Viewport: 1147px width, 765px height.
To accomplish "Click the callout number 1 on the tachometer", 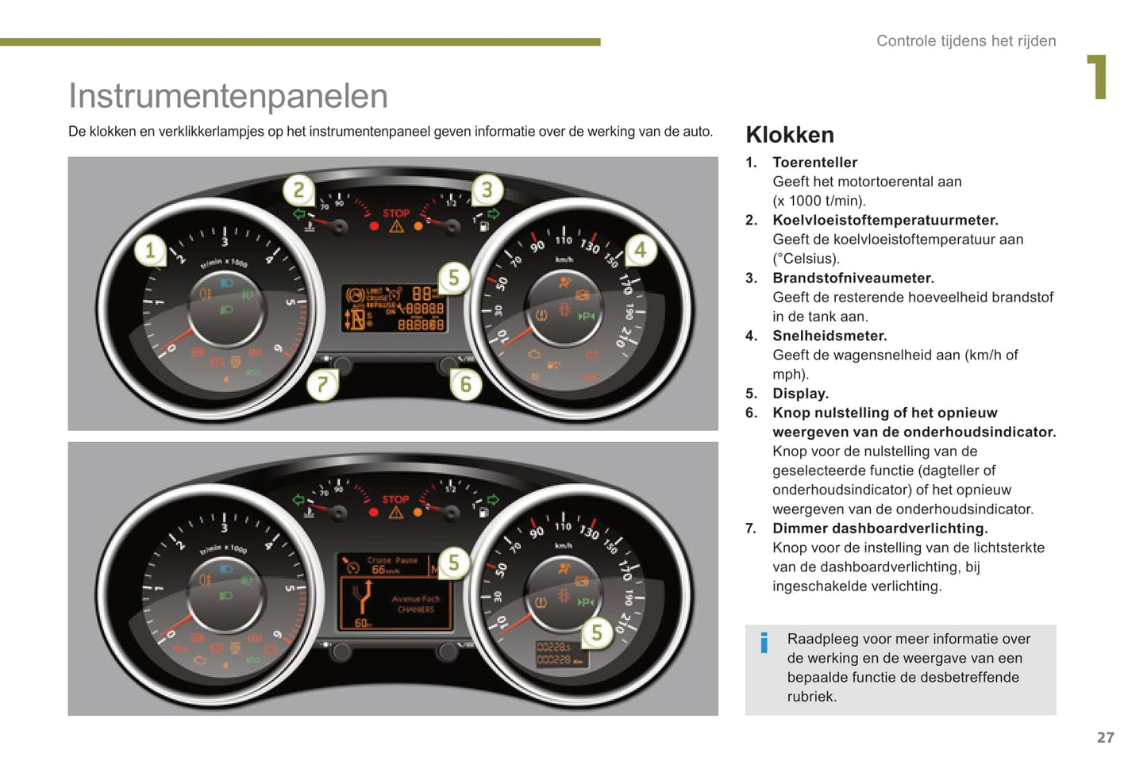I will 149,252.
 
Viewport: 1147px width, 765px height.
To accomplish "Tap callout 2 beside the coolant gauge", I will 298,190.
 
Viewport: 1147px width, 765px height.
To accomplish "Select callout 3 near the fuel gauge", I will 487,190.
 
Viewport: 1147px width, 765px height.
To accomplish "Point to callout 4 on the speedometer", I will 640,251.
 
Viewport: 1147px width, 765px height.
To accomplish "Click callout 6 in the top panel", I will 465,385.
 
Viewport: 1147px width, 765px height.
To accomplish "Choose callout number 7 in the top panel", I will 322,385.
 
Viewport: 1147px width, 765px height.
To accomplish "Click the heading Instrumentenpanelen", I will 228,96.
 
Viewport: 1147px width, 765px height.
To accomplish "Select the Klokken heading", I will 790,135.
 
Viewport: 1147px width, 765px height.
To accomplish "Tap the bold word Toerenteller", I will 814,163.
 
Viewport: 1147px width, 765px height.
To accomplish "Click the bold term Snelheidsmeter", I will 829,336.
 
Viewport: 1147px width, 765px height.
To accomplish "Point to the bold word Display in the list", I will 800,394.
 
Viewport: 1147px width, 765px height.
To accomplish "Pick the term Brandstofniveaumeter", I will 853,278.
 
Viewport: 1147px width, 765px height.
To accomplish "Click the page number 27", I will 1105,737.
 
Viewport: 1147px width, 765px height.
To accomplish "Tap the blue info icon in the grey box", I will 764,642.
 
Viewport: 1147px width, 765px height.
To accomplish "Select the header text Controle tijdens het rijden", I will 966,41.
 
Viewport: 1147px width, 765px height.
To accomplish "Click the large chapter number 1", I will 1097,77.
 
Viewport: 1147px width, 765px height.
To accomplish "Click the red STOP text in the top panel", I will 396,213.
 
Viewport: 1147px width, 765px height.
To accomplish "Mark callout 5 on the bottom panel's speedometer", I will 597,632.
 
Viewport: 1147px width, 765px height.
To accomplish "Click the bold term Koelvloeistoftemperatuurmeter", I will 885,221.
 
